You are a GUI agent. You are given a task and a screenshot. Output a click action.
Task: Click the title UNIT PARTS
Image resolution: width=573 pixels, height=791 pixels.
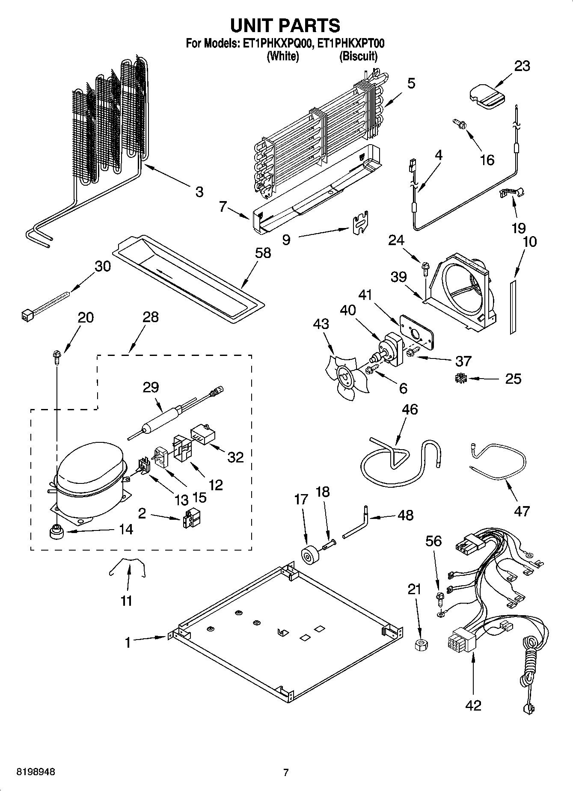[285, 25]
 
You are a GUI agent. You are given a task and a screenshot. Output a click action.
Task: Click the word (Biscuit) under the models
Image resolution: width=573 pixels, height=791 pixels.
[358, 56]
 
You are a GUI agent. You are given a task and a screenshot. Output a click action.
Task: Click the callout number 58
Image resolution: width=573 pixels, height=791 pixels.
[263, 253]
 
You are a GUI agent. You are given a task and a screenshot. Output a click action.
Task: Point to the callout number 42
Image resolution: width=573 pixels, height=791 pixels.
[473, 705]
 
